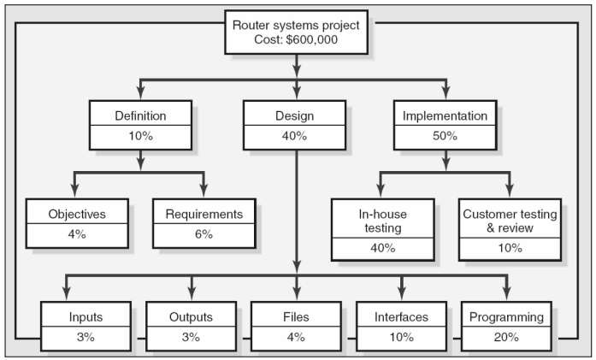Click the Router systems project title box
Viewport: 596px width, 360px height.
point(297,32)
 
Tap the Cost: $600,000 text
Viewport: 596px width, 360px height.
point(297,40)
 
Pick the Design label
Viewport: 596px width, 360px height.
point(295,115)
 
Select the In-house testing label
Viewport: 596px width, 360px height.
point(382,220)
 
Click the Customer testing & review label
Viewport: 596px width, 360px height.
point(509,220)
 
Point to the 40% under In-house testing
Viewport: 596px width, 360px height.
point(382,248)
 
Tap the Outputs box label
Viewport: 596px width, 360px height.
point(190,317)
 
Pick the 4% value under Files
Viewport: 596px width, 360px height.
point(295,337)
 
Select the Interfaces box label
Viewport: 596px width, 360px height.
point(402,317)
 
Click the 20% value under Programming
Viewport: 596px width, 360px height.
point(506,337)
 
